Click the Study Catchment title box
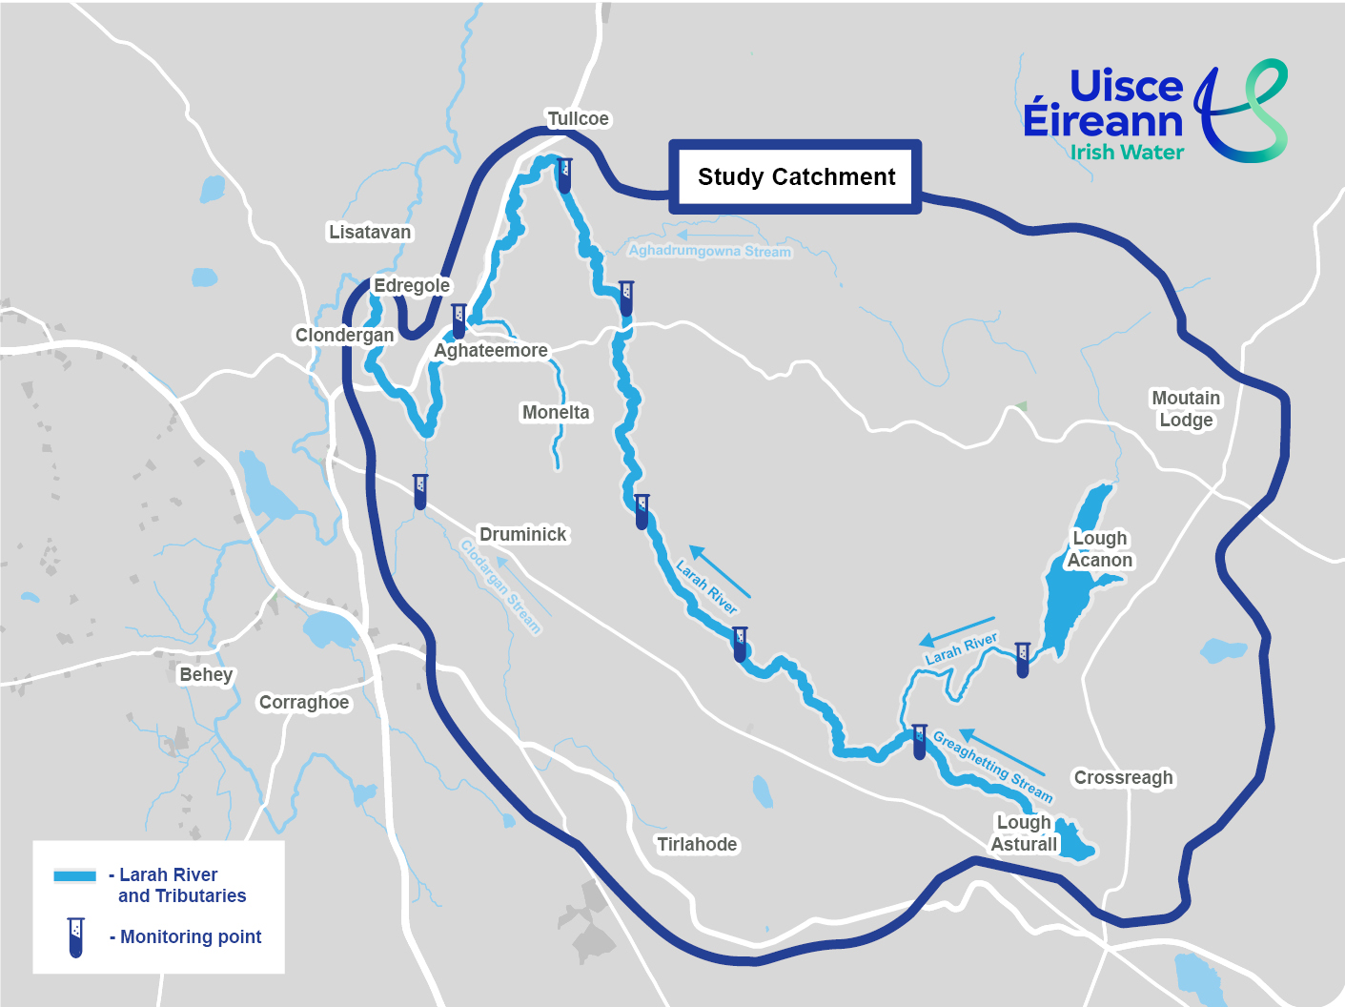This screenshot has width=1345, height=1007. [796, 177]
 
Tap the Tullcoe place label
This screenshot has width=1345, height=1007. [578, 119]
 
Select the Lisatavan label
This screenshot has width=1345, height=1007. [370, 232]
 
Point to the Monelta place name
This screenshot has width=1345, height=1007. [556, 413]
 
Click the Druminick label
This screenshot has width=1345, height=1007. [522, 535]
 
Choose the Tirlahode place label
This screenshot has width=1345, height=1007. [697, 845]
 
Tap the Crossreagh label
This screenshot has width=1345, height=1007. [1123, 778]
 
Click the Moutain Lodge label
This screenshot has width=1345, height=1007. [1186, 409]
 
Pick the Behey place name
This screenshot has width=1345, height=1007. [206, 675]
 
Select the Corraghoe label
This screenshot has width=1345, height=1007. [304, 703]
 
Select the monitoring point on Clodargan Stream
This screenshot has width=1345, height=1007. [420, 491]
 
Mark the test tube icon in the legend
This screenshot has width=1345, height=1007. [75, 937]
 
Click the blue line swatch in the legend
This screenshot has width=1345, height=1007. [75, 875]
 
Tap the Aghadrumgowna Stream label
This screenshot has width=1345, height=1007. [709, 251]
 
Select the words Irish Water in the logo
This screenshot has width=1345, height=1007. [1127, 153]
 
